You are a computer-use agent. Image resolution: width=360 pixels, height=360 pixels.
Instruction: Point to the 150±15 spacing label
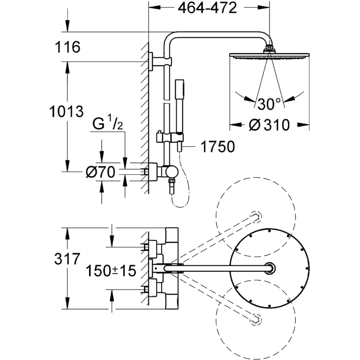(x=110, y=270)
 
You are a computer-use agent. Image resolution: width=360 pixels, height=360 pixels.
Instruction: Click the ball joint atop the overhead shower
(x=269, y=48)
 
